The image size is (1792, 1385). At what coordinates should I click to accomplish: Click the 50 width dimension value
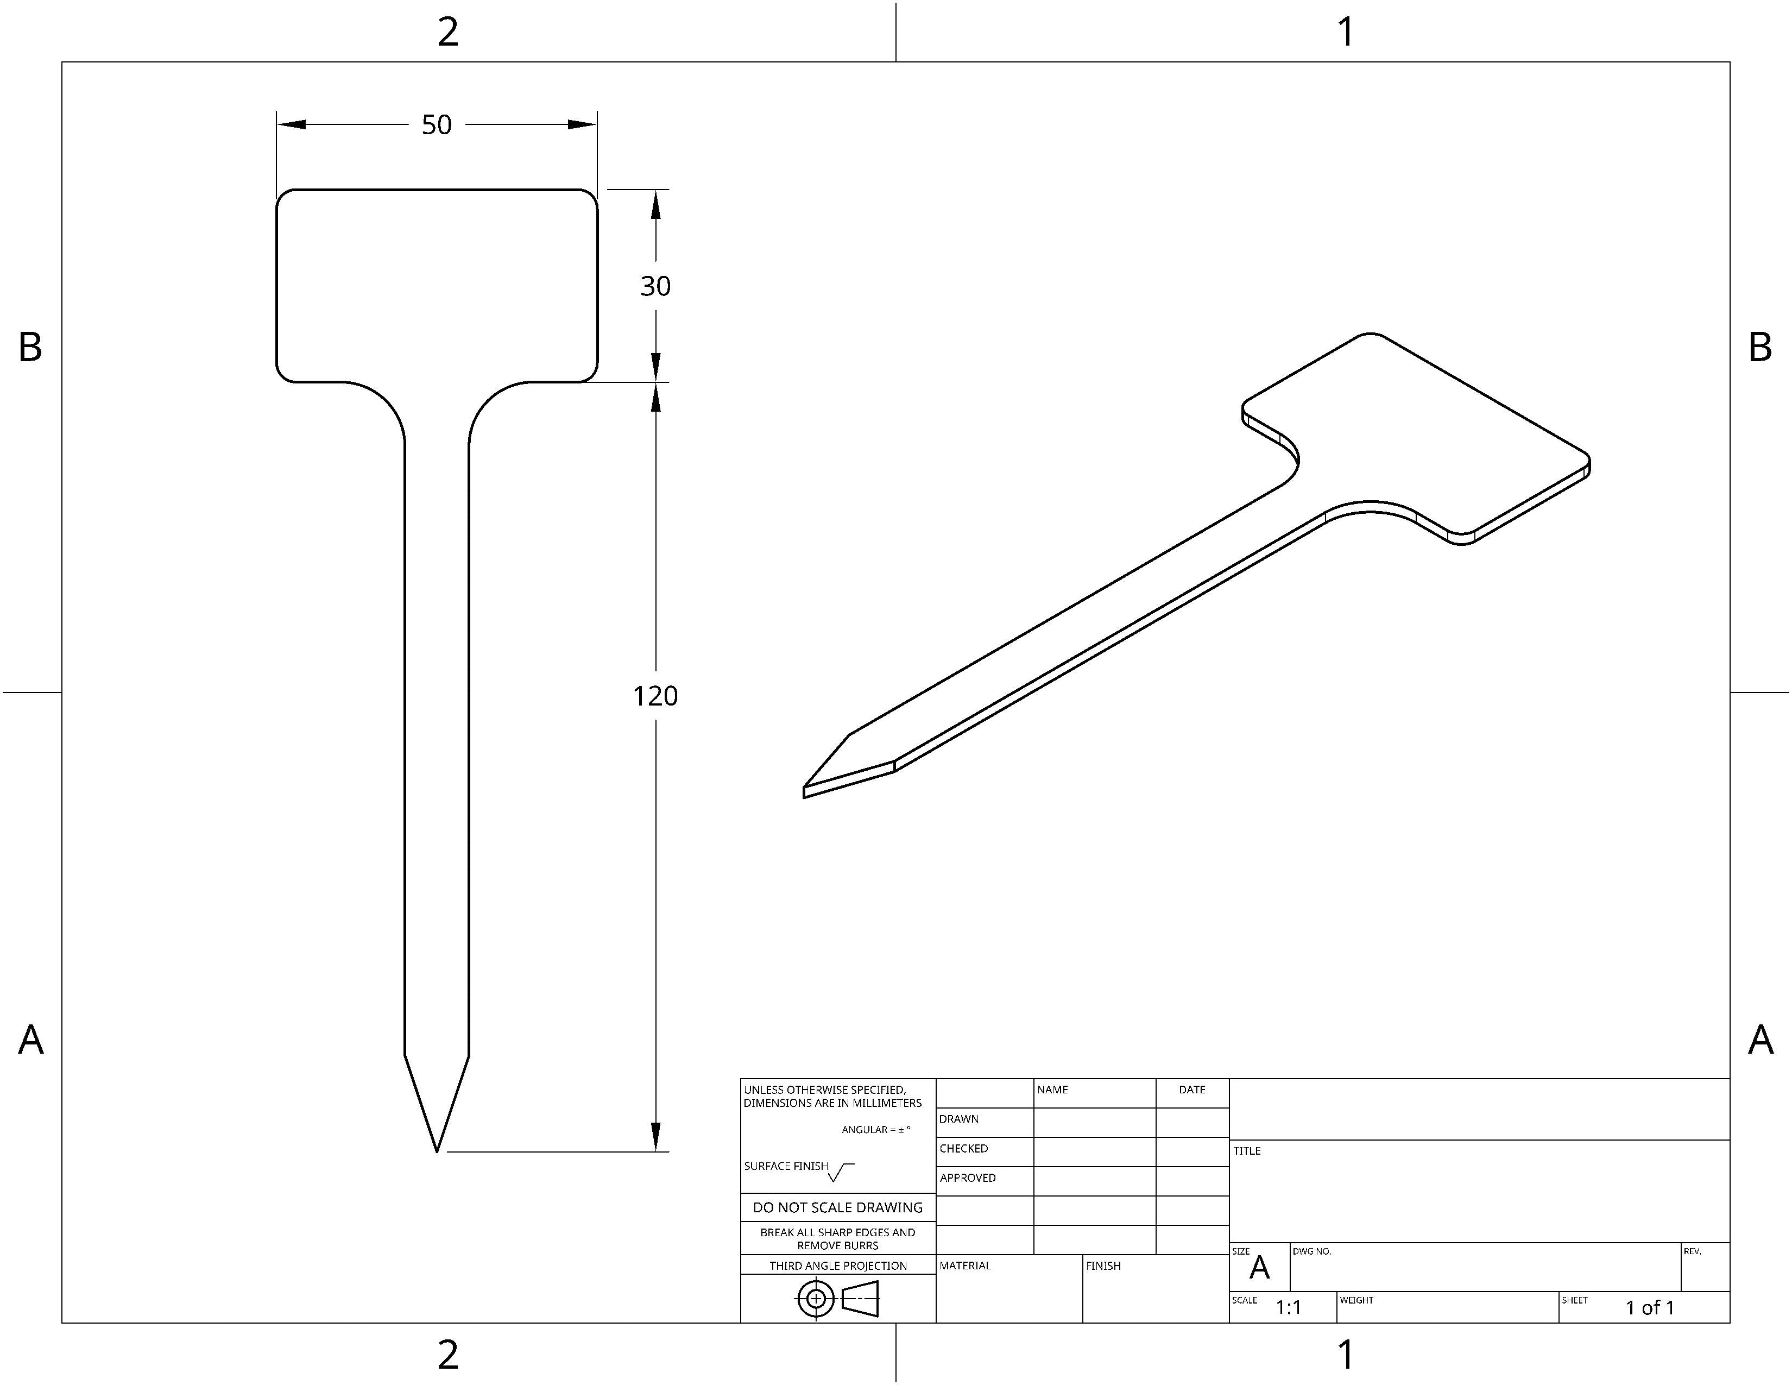pos(437,125)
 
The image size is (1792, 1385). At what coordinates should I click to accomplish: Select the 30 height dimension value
pos(655,286)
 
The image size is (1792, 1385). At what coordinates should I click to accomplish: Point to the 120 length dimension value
pos(655,696)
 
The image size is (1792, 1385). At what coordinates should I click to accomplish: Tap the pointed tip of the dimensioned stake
pos(437,1151)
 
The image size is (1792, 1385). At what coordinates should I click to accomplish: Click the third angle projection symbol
pos(838,1299)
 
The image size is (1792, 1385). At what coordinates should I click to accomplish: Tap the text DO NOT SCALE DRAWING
pos(838,1207)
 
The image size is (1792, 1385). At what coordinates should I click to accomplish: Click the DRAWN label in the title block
pos(959,1119)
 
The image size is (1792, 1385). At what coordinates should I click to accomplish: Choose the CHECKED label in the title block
pos(964,1149)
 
